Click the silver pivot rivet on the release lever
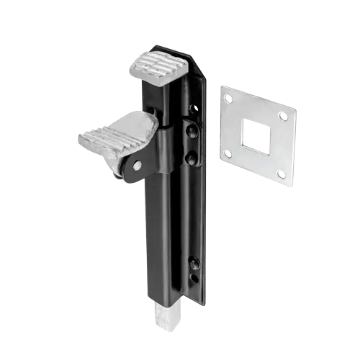coord(138,166)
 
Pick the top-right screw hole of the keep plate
coord(283,117)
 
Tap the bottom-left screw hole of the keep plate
coord(228,153)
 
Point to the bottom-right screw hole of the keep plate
coord(281,174)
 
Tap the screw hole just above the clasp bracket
coord(192,109)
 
